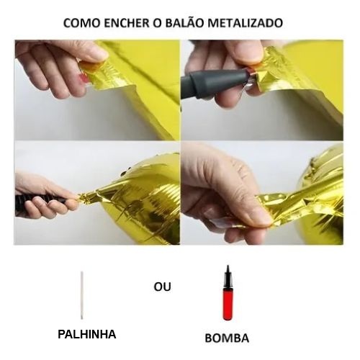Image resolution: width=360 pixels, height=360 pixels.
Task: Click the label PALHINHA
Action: coord(87,334)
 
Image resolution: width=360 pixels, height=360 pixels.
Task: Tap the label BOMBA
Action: coord(227,338)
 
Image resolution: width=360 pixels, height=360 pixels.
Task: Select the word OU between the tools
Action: coord(163,287)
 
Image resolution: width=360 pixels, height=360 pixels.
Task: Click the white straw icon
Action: coord(82,295)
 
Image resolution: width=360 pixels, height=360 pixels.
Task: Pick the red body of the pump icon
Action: coord(228,305)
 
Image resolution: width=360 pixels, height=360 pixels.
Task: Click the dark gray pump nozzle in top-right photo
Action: coord(214,83)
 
